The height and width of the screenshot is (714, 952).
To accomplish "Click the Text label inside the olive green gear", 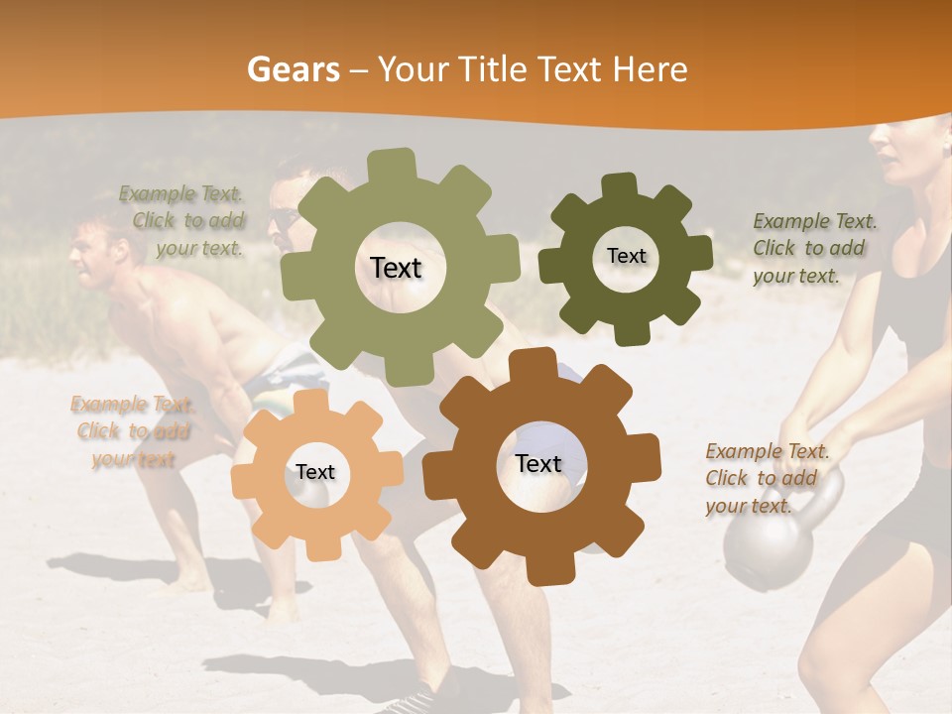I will pyautogui.click(x=396, y=268).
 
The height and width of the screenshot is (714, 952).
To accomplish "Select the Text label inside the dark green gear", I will pyautogui.click(x=626, y=256).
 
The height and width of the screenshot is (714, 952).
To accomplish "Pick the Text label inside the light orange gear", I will pyautogui.click(x=314, y=472).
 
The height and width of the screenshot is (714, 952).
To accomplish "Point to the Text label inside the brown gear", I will pyautogui.click(x=537, y=463).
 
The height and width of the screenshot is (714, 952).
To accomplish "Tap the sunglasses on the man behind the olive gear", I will pyautogui.click(x=282, y=220).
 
